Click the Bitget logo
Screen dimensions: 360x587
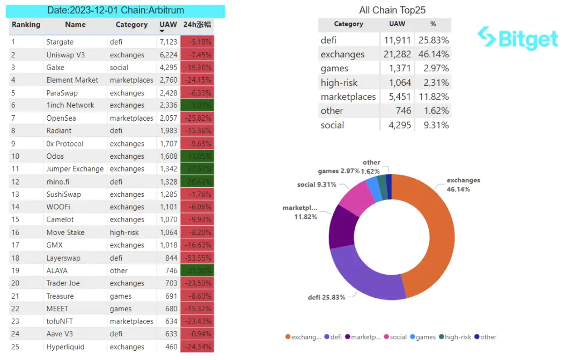(518, 38)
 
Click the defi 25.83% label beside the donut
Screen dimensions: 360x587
(326, 297)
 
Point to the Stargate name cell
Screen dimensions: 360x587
(60, 42)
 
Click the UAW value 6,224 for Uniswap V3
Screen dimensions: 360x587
(168, 55)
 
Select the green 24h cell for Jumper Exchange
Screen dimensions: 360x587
(197, 169)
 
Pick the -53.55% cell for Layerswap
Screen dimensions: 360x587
(197, 258)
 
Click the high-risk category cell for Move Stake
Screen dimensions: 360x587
(124, 232)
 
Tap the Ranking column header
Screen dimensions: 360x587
(26, 25)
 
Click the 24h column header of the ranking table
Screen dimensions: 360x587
(197, 25)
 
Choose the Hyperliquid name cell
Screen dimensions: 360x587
(65, 347)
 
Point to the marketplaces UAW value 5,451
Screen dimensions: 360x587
(397, 97)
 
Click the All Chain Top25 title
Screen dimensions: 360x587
(392, 10)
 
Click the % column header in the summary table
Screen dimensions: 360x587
(433, 24)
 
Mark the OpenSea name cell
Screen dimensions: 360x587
(61, 118)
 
